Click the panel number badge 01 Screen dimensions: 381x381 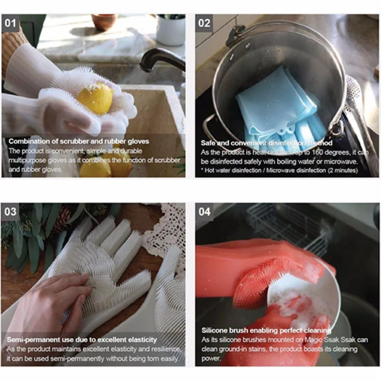[x=10, y=23]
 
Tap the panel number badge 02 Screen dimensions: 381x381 [x=204, y=23]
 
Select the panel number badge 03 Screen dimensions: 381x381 [x=10, y=211]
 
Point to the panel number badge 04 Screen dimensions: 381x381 [x=204, y=211]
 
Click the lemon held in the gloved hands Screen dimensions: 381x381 [x=95, y=98]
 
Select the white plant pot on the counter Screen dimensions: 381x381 [x=171, y=30]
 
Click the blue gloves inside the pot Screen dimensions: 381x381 [x=274, y=107]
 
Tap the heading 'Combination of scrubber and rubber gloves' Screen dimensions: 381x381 [x=79, y=141]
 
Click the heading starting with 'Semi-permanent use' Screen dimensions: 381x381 [x=82, y=339]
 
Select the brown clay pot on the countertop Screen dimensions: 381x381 [x=104, y=22]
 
